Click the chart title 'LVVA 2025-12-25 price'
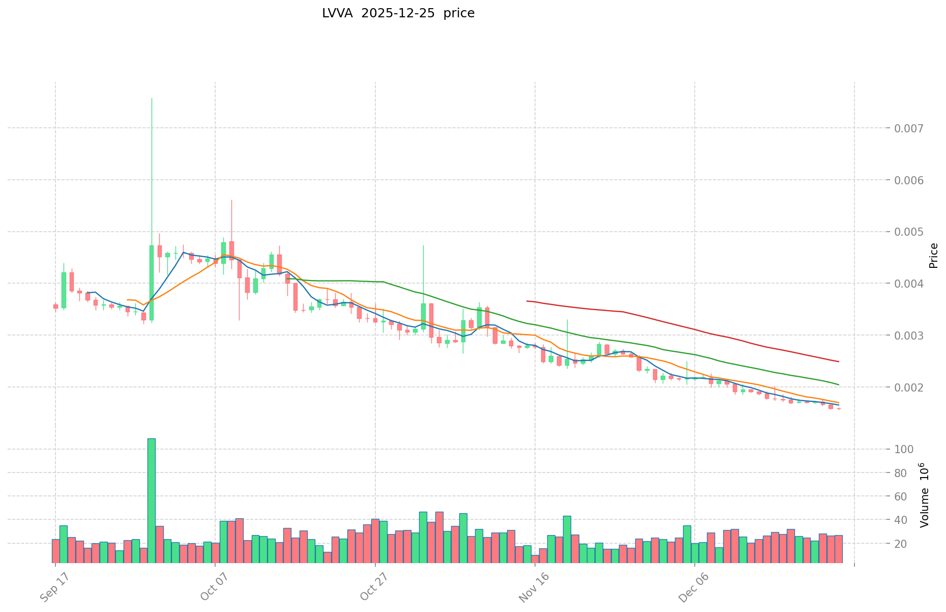click(x=398, y=14)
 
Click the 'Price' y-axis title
click(x=933, y=256)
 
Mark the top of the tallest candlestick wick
click(x=152, y=98)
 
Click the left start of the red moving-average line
click(x=527, y=301)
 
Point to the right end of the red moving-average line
click(x=839, y=361)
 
